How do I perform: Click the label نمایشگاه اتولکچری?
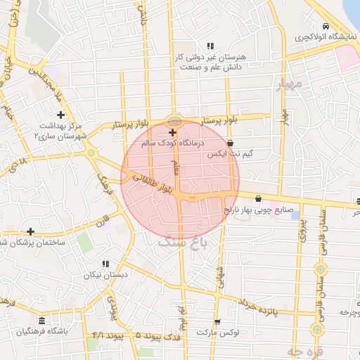[x=325, y=37]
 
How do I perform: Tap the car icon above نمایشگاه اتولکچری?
[x=326, y=26]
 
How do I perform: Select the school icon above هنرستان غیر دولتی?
[x=209, y=46]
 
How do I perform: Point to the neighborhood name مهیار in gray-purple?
[x=289, y=84]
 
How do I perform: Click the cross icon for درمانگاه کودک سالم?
[x=172, y=132]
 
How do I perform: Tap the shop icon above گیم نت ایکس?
[x=231, y=143]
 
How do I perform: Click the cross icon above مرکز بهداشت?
[x=60, y=115]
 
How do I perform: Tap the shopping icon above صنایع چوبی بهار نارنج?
[x=259, y=198]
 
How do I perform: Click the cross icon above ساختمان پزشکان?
[x=30, y=231]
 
